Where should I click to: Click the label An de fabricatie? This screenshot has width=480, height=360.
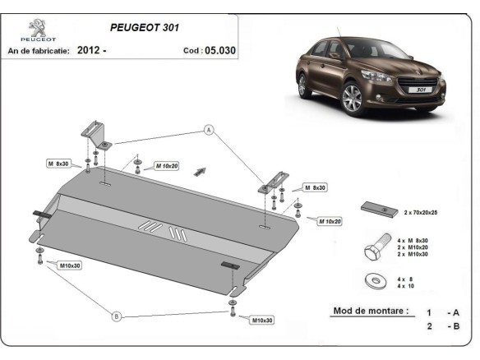click(x=38, y=51)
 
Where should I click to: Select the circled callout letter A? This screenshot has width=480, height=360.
click(x=209, y=130)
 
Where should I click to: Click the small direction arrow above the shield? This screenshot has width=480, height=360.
click(x=199, y=172)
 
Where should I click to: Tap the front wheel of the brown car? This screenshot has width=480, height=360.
click(x=352, y=98)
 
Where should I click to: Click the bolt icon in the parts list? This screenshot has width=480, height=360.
click(x=377, y=247)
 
